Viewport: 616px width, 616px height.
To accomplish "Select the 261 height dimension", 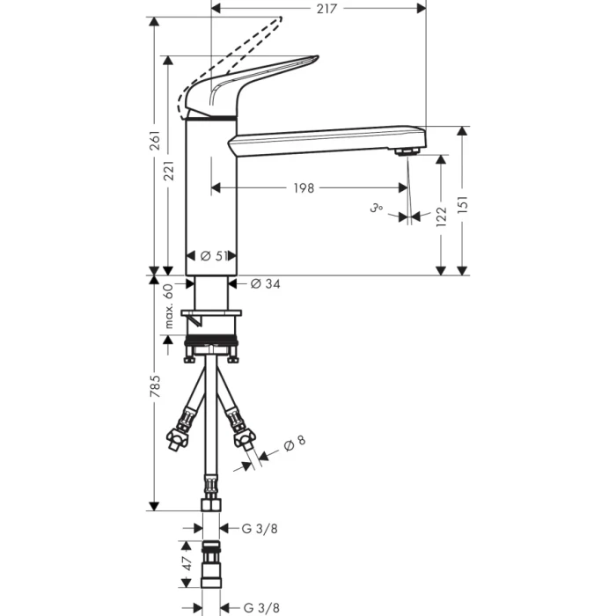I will tap(155, 141).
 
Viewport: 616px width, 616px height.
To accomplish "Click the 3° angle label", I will tap(377, 209).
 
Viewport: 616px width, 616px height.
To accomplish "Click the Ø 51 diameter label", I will tap(214, 256).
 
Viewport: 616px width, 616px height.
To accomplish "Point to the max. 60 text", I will tap(169, 305).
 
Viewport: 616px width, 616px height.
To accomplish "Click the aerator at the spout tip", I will tap(406, 152).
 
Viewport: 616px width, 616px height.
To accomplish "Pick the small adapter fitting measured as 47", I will tap(211, 568).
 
